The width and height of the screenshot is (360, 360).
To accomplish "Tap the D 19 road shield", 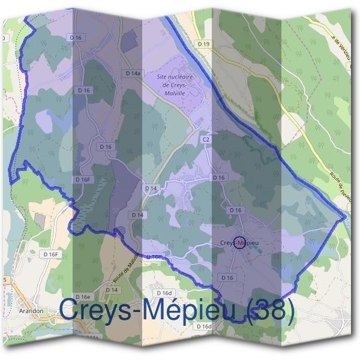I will (x=205, y=44).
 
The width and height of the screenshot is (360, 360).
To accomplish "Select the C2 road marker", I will (x=206, y=139).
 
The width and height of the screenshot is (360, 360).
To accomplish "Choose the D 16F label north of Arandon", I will (x=52, y=254).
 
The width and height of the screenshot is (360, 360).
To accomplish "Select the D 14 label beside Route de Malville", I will (x=112, y=290).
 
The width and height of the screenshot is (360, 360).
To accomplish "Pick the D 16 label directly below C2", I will (x=218, y=178).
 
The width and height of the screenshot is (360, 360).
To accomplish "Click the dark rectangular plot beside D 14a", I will (x=130, y=41).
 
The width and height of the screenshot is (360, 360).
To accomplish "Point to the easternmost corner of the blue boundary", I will (x=346, y=217).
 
